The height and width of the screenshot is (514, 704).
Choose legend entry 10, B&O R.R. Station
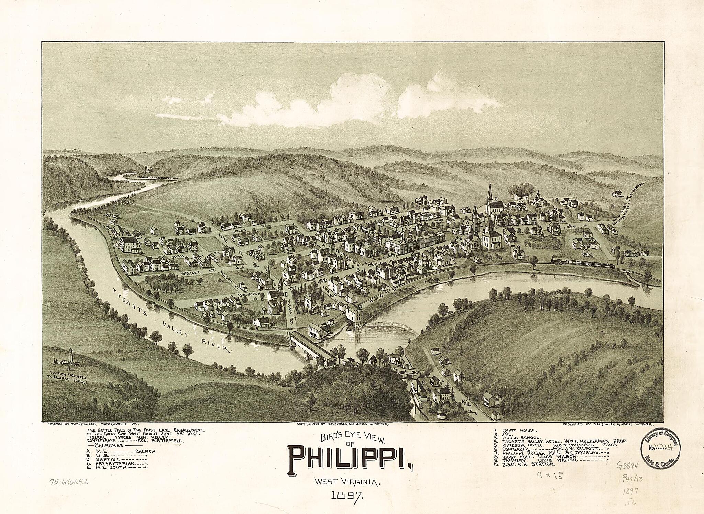pyautogui.click(x=528, y=464)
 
